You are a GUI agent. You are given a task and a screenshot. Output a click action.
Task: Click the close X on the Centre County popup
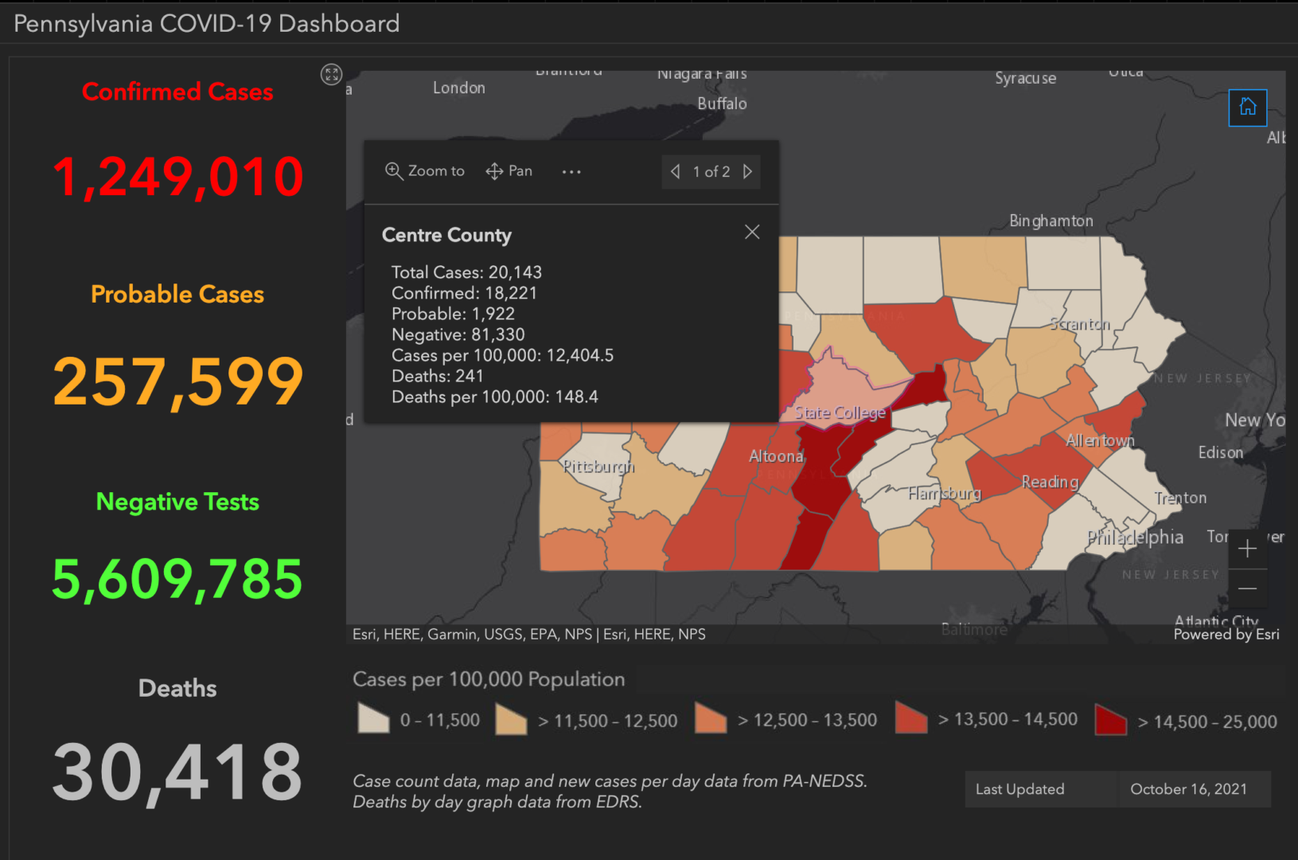(752, 232)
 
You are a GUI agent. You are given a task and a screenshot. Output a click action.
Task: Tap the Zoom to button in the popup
(425, 171)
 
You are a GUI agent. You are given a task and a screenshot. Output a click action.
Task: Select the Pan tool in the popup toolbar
(509, 171)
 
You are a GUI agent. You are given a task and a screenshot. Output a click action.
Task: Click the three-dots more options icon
(571, 172)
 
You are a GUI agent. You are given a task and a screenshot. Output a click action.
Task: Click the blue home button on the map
(1247, 107)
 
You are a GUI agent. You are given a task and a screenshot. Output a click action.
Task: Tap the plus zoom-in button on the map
(1247, 549)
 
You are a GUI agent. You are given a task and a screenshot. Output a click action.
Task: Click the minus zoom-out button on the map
(1247, 588)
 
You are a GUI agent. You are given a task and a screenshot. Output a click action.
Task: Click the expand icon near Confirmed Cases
(332, 75)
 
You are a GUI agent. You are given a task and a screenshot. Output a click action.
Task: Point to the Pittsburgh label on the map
(598, 467)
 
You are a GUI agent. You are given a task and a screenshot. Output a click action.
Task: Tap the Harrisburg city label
(945, 494)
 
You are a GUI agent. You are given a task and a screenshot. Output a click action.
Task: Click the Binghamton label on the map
(1050, 221)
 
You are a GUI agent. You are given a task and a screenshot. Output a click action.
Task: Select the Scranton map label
(1080, 324)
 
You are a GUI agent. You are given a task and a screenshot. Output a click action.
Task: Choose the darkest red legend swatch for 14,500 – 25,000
(1110, 720)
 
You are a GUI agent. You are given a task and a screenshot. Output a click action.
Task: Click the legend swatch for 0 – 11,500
(373, 718)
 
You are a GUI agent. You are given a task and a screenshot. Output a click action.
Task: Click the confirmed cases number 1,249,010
(177, 177)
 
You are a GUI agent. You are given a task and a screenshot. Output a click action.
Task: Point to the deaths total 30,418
(177, 772)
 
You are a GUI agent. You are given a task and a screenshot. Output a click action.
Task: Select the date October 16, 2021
(1188, 789)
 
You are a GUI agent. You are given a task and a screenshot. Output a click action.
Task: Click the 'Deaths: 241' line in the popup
(438, 376)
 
